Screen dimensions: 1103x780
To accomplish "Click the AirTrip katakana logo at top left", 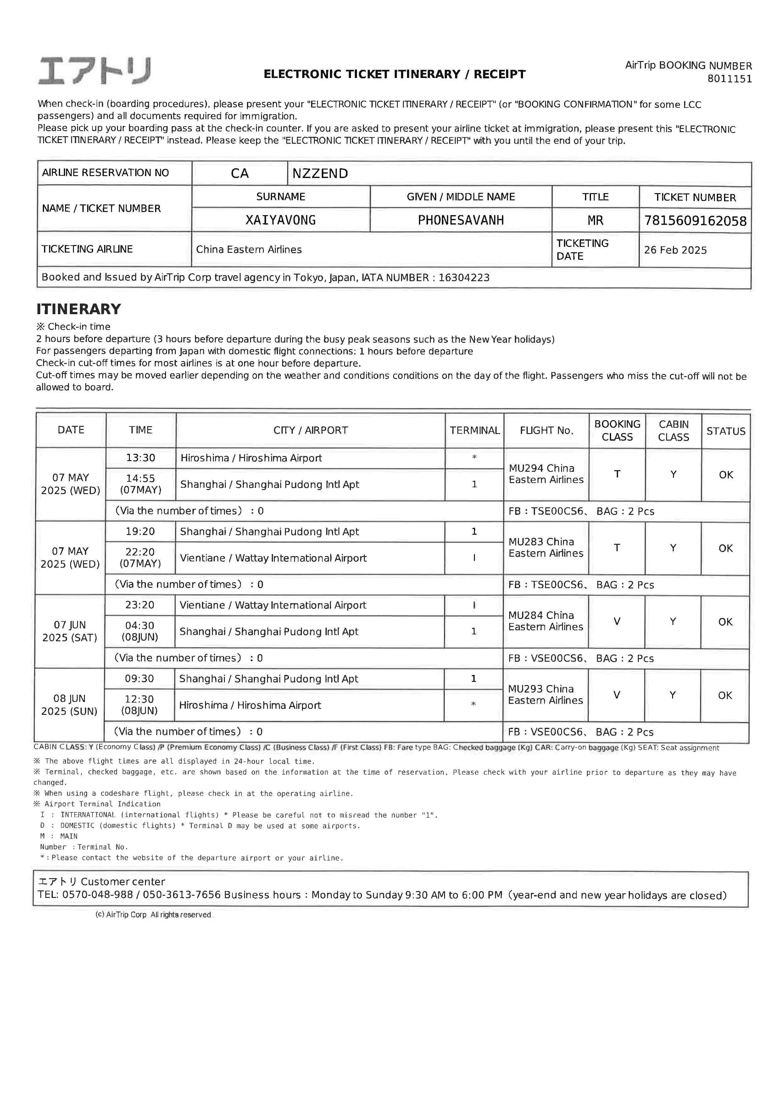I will pyautogui.click(x=95, y=71).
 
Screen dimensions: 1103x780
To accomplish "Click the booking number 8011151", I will pyautogui.click(x=729, y=79).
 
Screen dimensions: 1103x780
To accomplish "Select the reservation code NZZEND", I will pyautogui.click(x=320, y=173).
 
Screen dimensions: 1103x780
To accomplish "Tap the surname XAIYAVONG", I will pyautogui.click(x=281, y=220).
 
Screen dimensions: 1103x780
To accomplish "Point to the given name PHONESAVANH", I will pyautogui.click(x=460, y=220).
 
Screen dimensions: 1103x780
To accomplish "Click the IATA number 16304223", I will pyautogui.click(x=464, y=278).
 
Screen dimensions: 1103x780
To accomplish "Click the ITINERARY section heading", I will pyautogui.click(x=79, y=309).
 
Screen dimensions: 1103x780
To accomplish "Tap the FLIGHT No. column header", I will pyautogui.click(x=546, y=431).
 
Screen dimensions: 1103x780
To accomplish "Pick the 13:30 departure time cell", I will pyautogui.click(x=140, y=458).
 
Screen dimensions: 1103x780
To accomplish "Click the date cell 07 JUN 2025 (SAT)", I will pyautogui.click(x=70, y=631).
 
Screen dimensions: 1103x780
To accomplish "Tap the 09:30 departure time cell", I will pyautogui.click(x=139, y=678).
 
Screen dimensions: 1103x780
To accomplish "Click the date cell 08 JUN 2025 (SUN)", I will pyautogui.click(x=69, y=705).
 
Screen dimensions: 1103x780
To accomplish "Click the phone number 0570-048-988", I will pyautogui.click(x=97, y=895).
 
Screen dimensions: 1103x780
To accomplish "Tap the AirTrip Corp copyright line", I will pyautogui.click(x=153, y=915).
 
